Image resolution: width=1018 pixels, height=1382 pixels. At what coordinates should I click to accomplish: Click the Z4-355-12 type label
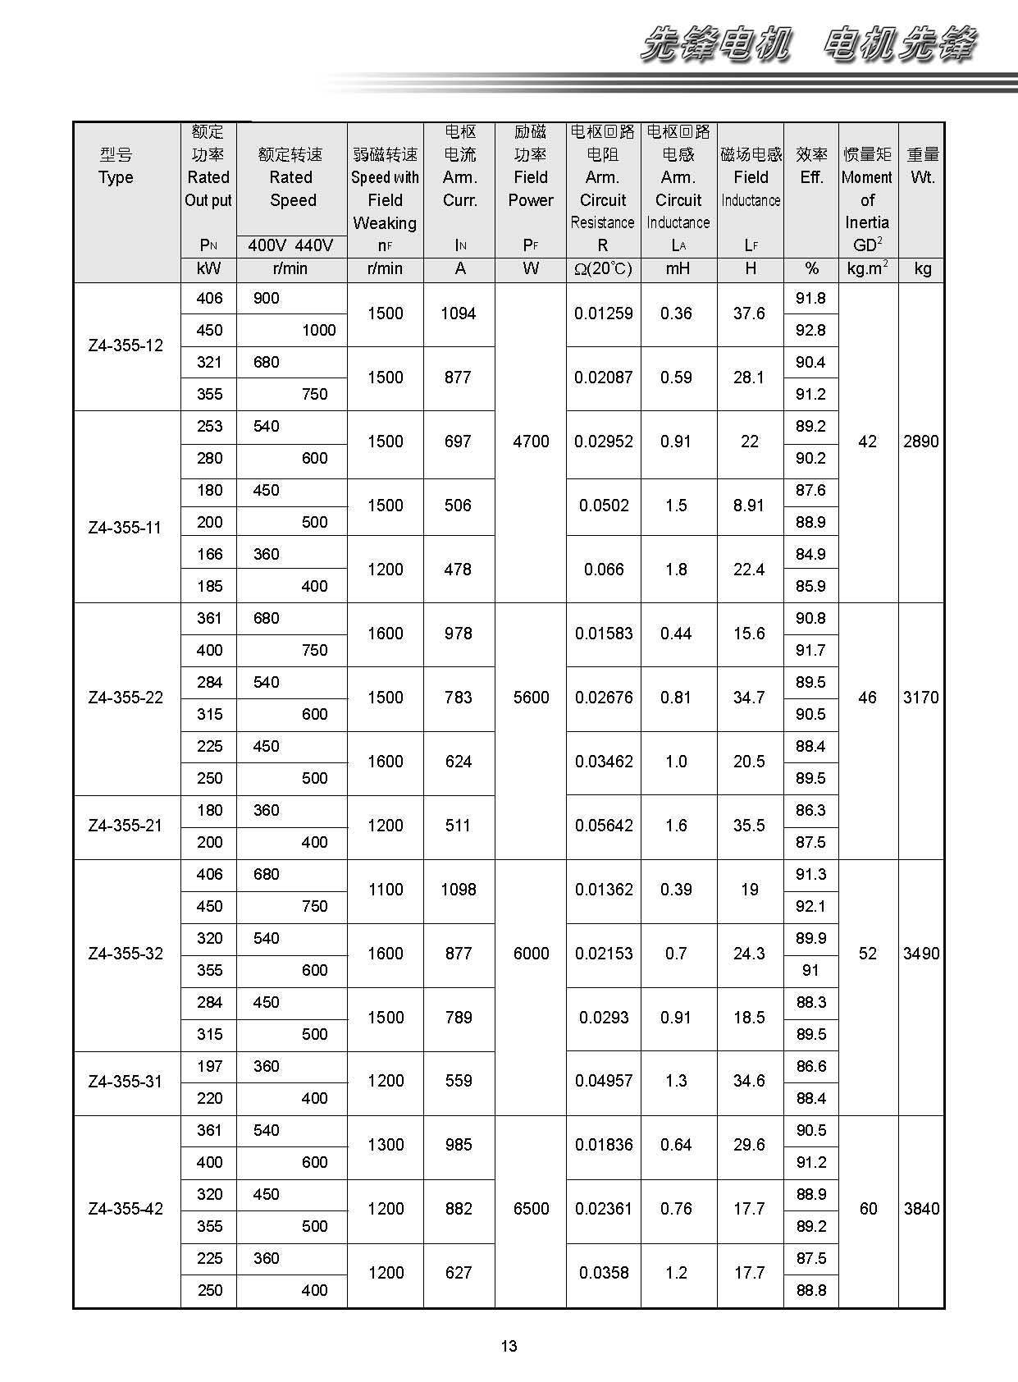(126, 345)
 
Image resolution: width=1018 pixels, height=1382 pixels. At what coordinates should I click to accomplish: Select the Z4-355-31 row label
(126, 1082)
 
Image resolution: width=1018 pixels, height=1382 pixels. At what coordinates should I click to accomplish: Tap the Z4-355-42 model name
(126, 1209)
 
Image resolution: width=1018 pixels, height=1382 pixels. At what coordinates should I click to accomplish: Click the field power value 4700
(531, 442)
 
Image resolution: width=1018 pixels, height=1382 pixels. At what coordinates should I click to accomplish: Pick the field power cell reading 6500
(531, 1209)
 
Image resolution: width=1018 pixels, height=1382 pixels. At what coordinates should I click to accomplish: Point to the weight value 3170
(920, 698)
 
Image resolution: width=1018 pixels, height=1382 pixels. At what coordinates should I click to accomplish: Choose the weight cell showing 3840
(920, 1209)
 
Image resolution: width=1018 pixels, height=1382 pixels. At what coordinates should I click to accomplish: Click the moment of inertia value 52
(867, 954)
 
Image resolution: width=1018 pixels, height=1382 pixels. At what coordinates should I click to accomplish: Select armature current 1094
(458, 313)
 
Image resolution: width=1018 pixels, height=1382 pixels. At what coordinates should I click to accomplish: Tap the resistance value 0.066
(603, 570)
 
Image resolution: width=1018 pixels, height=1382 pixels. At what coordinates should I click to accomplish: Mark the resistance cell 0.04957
(603, 1082)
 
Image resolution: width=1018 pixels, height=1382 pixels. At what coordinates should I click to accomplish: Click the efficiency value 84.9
(810, 554)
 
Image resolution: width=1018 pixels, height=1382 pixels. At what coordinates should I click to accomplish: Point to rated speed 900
(267, 298)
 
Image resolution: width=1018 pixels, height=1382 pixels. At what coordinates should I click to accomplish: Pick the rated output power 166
(209, 554)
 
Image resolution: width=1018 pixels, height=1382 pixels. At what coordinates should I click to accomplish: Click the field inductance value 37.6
(749, 313)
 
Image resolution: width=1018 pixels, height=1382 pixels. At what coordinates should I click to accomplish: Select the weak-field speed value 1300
(386, 1145)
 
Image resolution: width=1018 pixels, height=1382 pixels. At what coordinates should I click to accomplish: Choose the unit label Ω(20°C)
(603, 269)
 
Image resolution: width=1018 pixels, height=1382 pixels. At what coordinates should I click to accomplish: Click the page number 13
(509, 1346)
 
